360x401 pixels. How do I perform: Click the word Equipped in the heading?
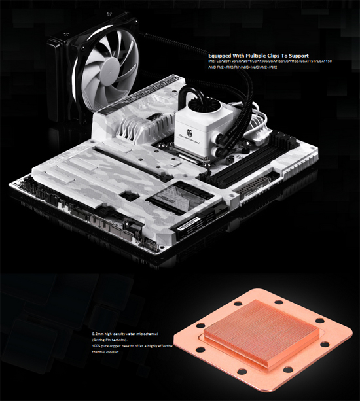pos(219,56)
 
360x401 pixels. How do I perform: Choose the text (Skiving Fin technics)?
pos(111,340)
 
